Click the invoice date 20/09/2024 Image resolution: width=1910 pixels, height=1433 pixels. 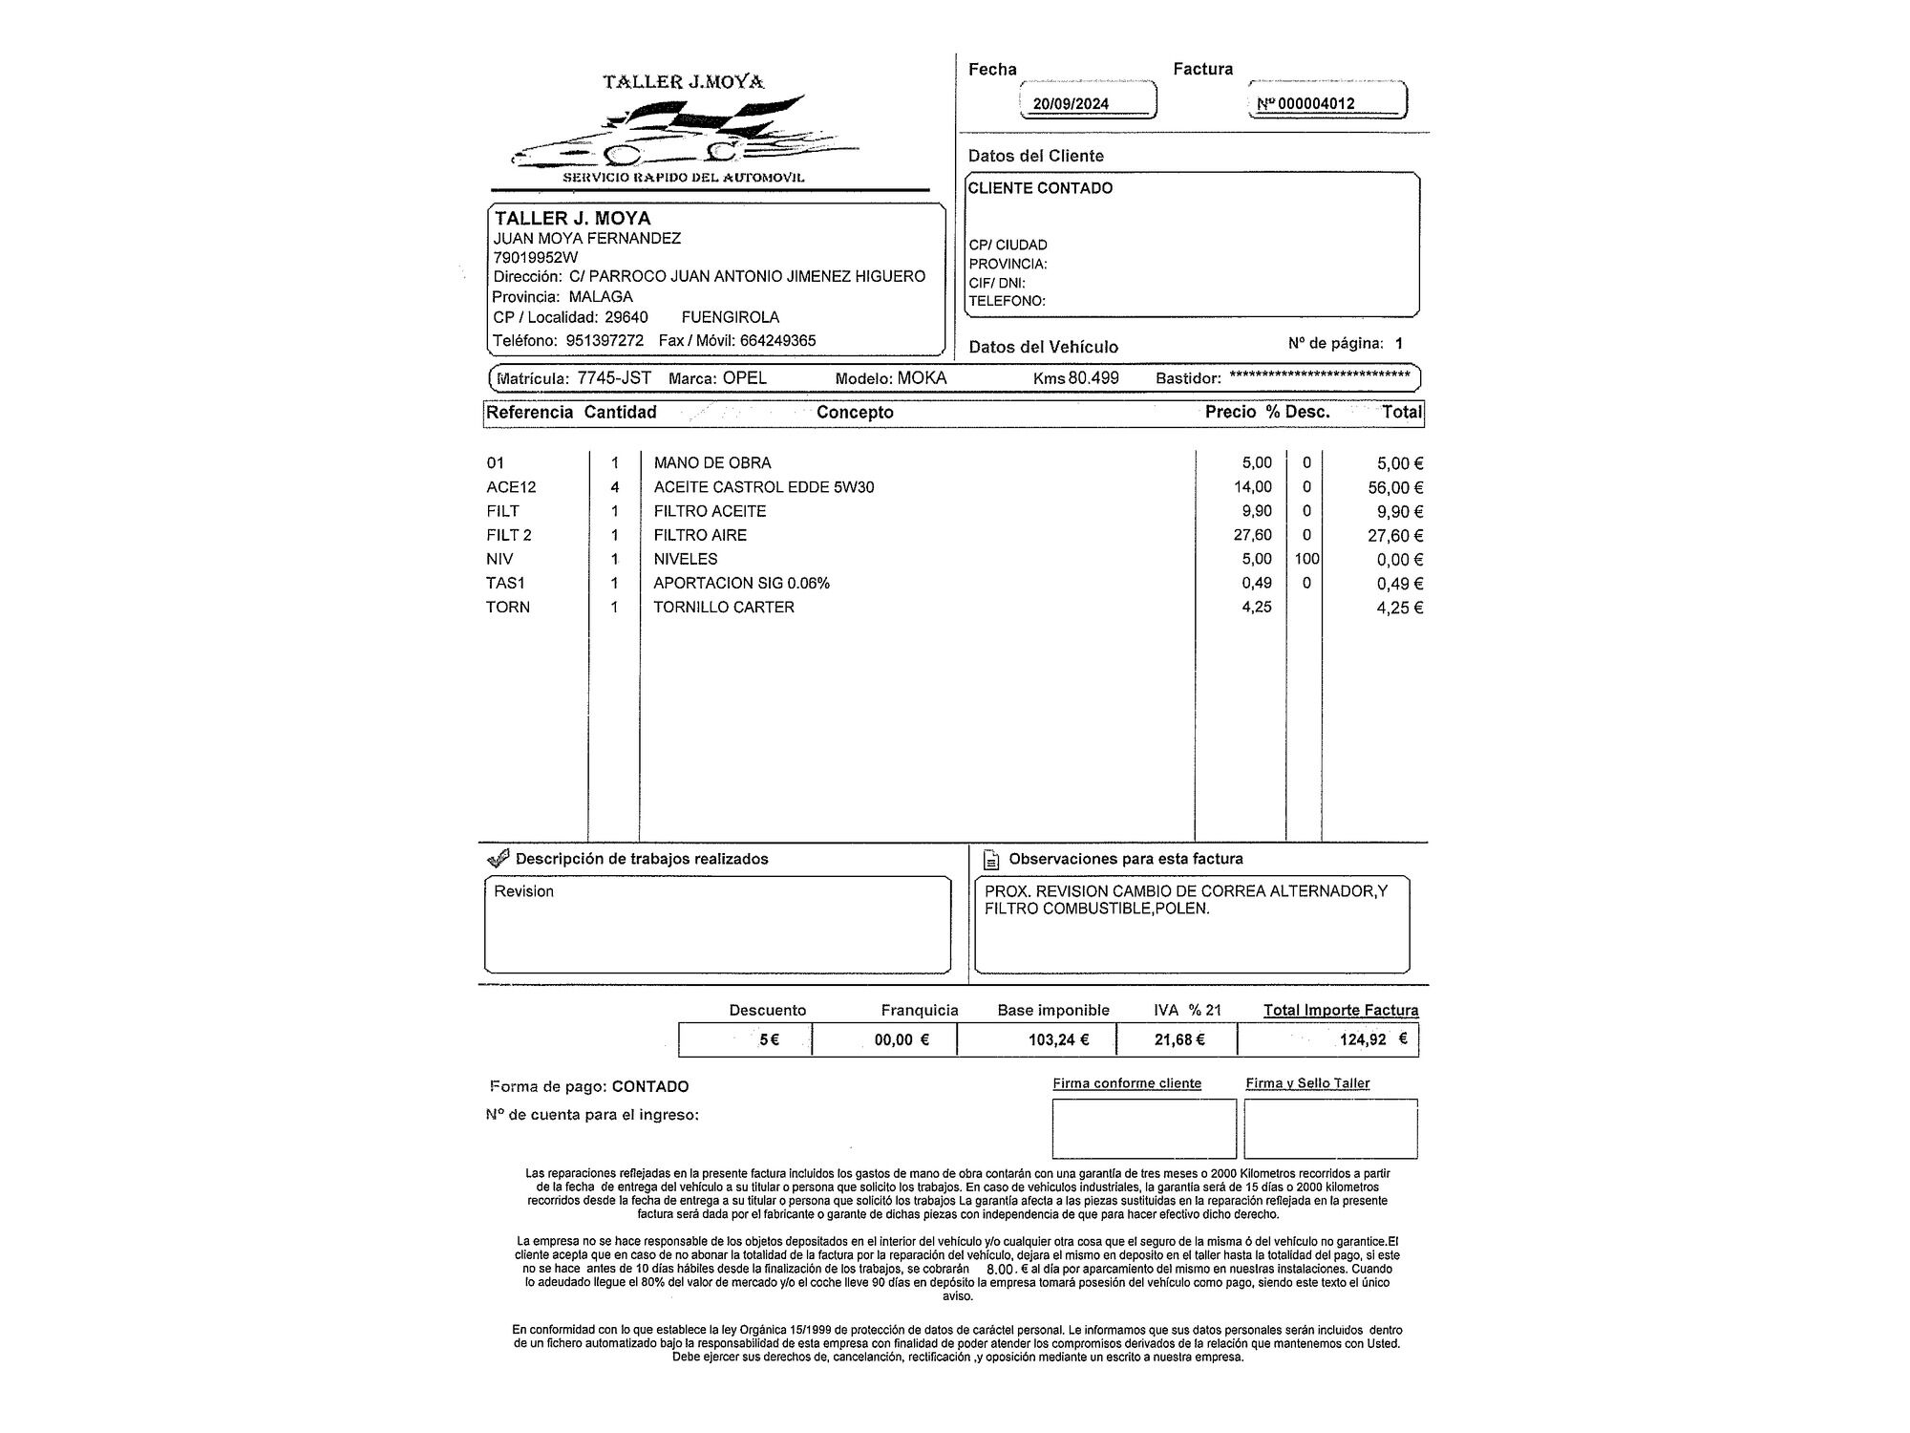(1071, 103)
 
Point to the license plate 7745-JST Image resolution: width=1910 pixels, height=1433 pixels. (614, 378)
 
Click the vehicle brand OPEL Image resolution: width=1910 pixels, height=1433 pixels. (744, 378)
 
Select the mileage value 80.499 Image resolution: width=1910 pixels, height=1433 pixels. (1093, 378)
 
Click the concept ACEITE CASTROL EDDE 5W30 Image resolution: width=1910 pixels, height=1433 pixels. (763, 487)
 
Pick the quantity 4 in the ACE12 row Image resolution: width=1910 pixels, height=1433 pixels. (615, 487)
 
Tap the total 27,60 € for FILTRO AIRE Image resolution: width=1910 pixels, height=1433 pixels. (1394, 536)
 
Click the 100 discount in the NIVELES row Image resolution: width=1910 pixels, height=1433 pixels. (1306, 560)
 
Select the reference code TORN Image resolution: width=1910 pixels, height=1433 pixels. (507, 608)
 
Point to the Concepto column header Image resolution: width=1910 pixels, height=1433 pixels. (855, 413)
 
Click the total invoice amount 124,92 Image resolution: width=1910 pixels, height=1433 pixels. (1363, 1040)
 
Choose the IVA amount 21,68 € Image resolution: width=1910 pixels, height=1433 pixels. (1179, 1040)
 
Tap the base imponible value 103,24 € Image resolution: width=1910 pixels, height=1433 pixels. (1058, 1040)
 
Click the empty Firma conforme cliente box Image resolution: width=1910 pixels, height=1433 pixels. (1143, 1128)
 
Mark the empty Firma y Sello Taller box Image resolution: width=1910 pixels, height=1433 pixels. (1330, 1128)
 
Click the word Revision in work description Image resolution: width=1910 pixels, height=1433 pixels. (523, 892)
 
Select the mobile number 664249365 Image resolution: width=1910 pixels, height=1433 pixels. (777, 341)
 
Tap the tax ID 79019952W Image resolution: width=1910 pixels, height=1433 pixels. (535, 258)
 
